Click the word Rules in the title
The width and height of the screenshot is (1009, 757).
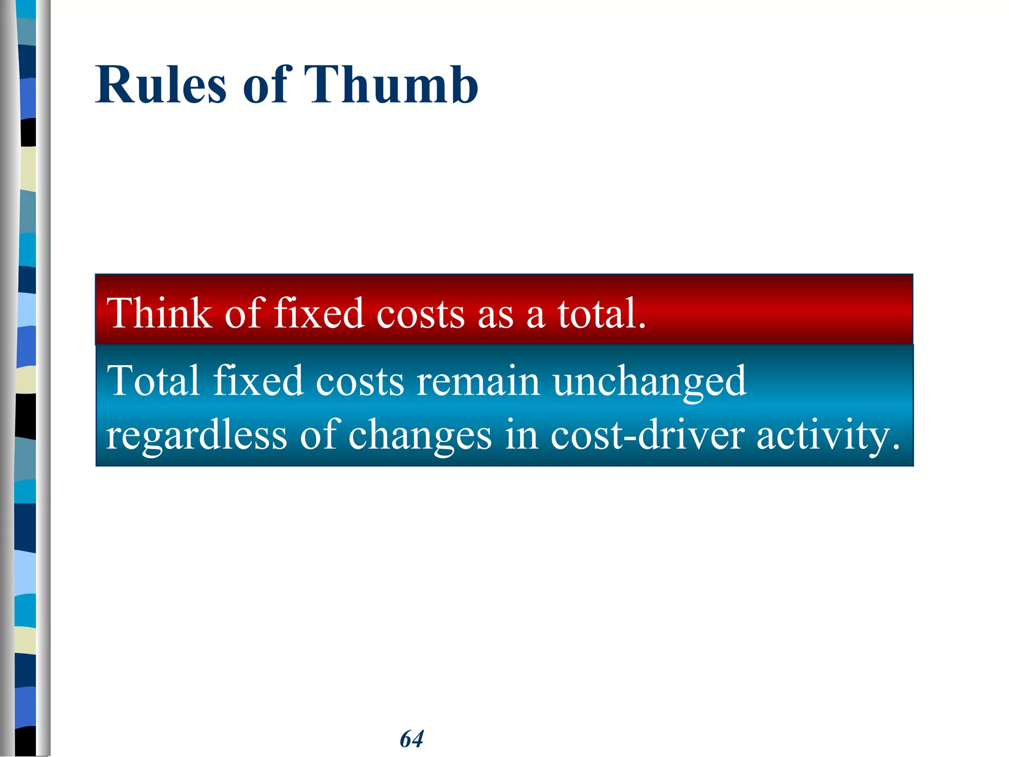[x=161, y=85]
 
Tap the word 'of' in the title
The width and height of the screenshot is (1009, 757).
[x=265, y=85]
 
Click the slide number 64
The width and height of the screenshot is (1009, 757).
[x=411, y=739]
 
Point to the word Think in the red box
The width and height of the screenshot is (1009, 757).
[x=159, y=313]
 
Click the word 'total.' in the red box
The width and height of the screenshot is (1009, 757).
[x=601, y=313]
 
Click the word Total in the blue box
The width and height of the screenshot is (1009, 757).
[x=153, y=380]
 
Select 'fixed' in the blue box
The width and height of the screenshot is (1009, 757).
[x=258, y=380]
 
